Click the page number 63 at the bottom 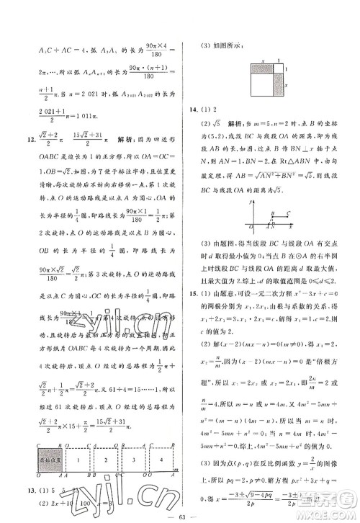pos(179,516)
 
